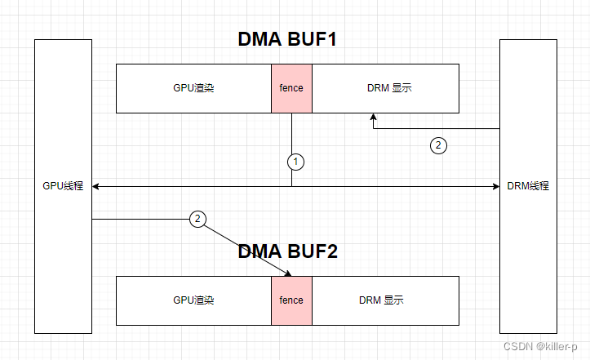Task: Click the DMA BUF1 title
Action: coord(287,39)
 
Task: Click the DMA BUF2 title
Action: coord(287,251)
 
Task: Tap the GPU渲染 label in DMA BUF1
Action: coord(193,88)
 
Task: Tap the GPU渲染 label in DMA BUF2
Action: coord(193,300)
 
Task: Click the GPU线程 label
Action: coord(64,186)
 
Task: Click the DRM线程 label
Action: coord(528,186)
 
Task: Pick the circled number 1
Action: coord(296,162)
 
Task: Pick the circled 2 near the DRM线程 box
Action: coord(438,146)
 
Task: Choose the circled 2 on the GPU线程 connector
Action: coord(197,219)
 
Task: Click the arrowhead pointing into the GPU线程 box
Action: coord(96,187)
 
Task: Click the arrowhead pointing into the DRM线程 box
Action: coord(495,187)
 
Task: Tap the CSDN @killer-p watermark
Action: coord(545,346)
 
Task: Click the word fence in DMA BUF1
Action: coord(291,88)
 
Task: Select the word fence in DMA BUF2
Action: coord(291,300)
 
